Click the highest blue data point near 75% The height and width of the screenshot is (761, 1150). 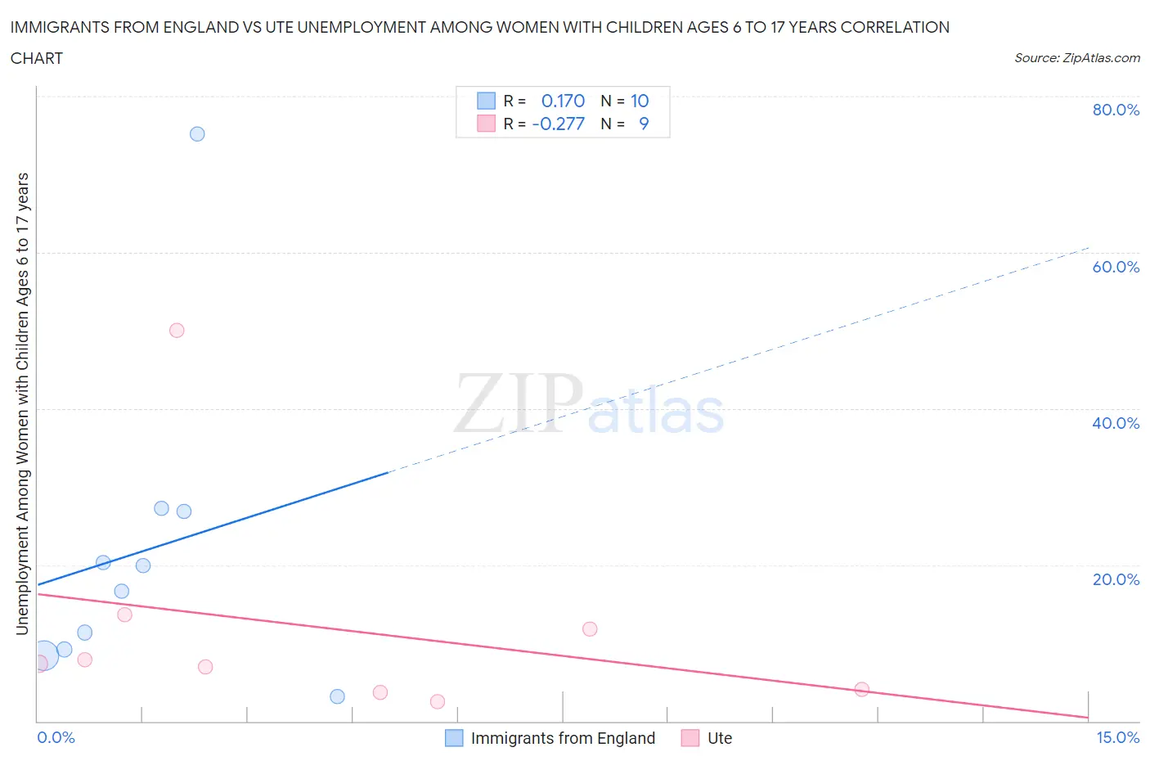click(x=197, y=134)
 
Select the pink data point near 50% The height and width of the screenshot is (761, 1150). click(x=177, y=331)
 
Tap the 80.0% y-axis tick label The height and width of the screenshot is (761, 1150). click(x=1116, y=110)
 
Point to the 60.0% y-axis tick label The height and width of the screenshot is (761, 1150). click(x=1116, y=267)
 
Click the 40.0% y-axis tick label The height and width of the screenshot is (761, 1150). click(x=1116, y=423)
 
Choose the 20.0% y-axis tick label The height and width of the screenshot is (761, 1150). click(x=1116, y=579)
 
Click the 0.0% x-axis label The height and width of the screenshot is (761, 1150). click(x=56, y=738)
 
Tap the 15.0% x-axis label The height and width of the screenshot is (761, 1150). click(x=1117, y=738)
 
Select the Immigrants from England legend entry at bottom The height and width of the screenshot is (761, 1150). click(x=563, y=738)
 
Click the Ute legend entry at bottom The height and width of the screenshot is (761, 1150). click(x=719, y=738)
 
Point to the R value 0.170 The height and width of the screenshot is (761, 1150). click(x=563, y=101)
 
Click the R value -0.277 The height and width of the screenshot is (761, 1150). click(x=559, y=124)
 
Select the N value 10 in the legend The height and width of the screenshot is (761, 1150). click(x=640, y=101)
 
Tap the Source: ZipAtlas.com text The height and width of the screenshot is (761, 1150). click(x=1076, y=58)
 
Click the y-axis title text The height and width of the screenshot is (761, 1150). click(x=22, y=404)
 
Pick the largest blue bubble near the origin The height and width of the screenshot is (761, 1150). click(x=44, y=655)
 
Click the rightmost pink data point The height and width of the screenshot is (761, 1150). click(x=861, y=689)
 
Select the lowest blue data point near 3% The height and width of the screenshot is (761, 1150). click(x=337, y=696)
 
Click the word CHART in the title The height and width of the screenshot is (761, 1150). click(x=37, y=58)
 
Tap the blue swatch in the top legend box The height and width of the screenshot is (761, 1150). click(x=486, y=101)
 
